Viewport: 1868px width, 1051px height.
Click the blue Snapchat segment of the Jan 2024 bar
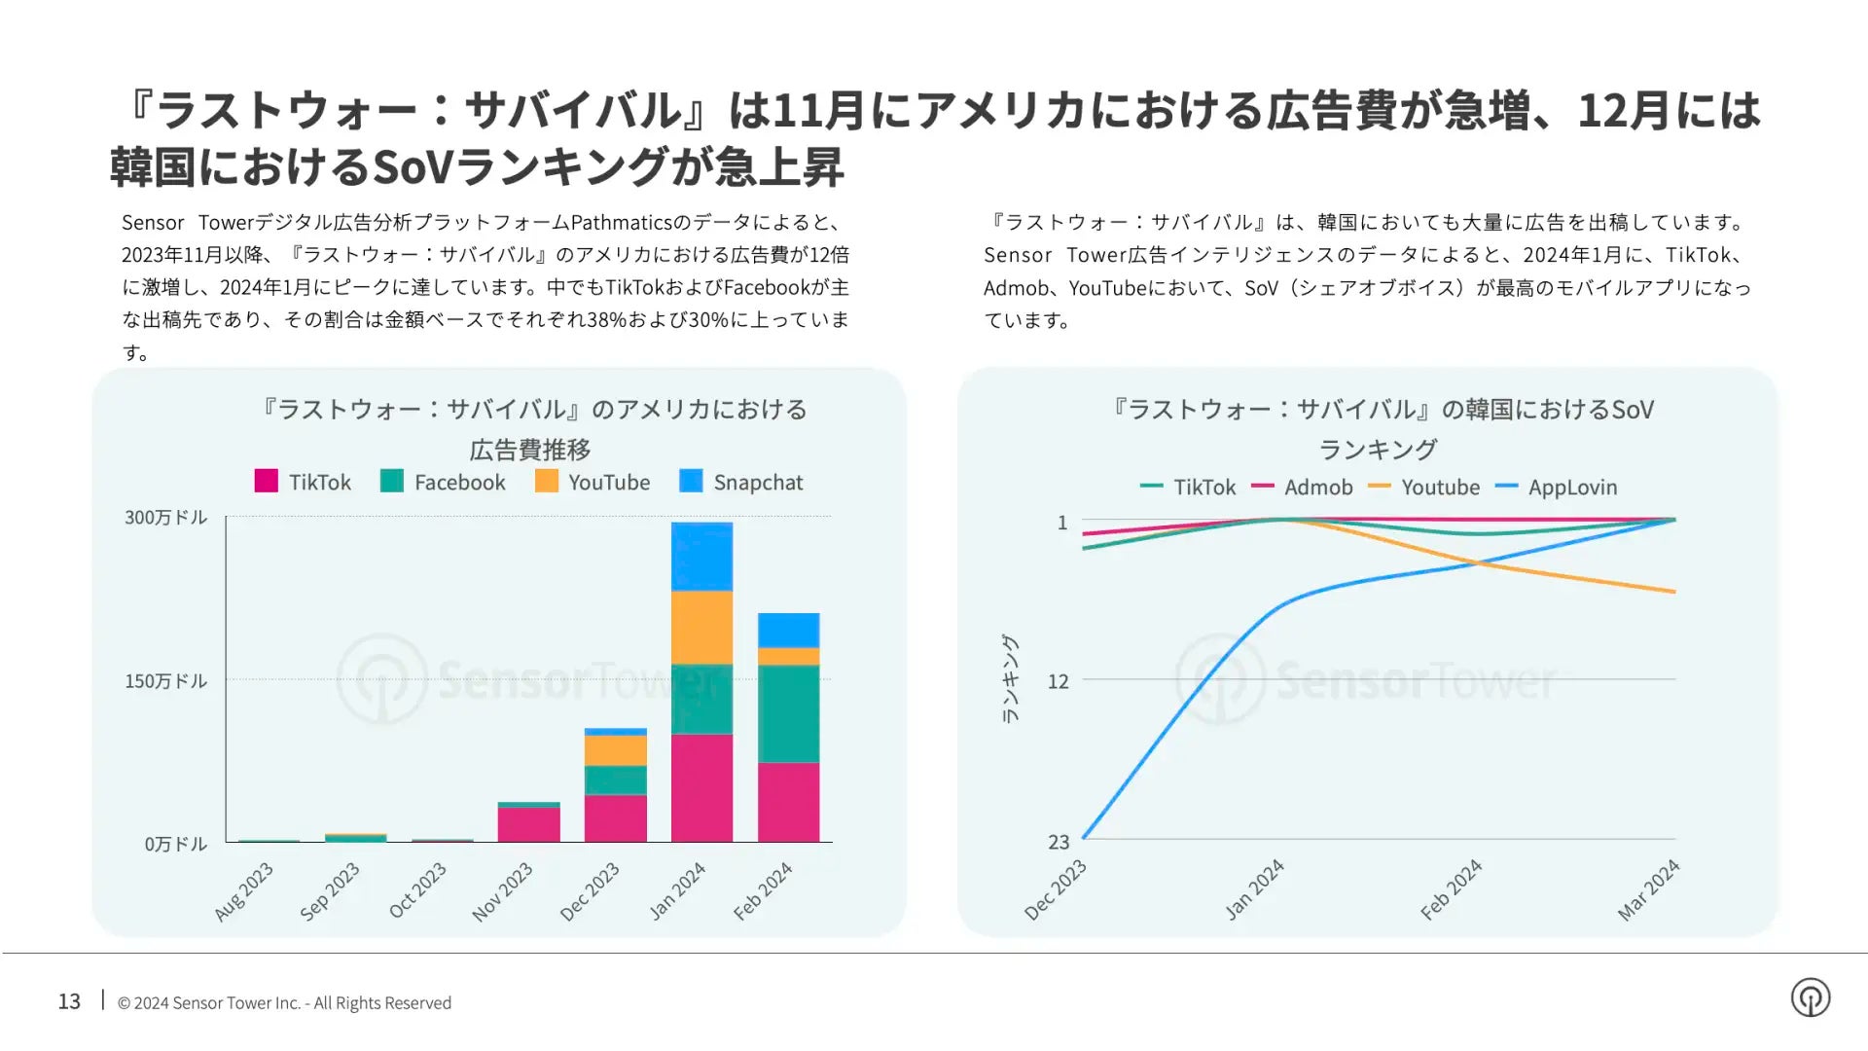(x=701, y=557)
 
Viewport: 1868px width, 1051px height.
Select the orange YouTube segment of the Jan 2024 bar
(x=701, y=628)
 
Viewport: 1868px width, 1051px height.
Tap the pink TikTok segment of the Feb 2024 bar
(x=788, y=802)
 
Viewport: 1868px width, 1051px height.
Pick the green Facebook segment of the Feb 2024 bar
(x=788, y=713)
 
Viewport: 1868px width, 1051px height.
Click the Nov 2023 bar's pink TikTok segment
(x=528, y=824)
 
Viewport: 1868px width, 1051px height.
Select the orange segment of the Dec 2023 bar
(x=615, y=750)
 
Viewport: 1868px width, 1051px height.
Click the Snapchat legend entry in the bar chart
(x=741, y=483)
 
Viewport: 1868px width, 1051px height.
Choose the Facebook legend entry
(x=443, y=483)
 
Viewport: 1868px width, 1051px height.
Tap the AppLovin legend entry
(x=1556, y=488)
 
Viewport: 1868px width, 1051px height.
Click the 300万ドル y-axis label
(x=166, y=518)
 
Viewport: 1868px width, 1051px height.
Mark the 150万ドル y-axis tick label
(x=166, y=681)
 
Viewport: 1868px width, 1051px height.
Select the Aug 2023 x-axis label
(x=244, y=890)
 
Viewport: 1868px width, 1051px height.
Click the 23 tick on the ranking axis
(x=1059, y=843)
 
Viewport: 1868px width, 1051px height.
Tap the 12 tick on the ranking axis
(x=1059, y=681)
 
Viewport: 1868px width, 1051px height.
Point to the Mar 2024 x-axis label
(x=1648, y=889)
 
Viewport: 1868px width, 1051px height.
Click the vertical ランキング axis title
(x=1010, y=679)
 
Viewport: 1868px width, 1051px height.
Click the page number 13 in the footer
(x=69, y=1001)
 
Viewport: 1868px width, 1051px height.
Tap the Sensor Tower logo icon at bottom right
(x=1810, y=997)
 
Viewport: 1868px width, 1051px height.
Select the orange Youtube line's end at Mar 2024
(x=1673, y=591)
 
